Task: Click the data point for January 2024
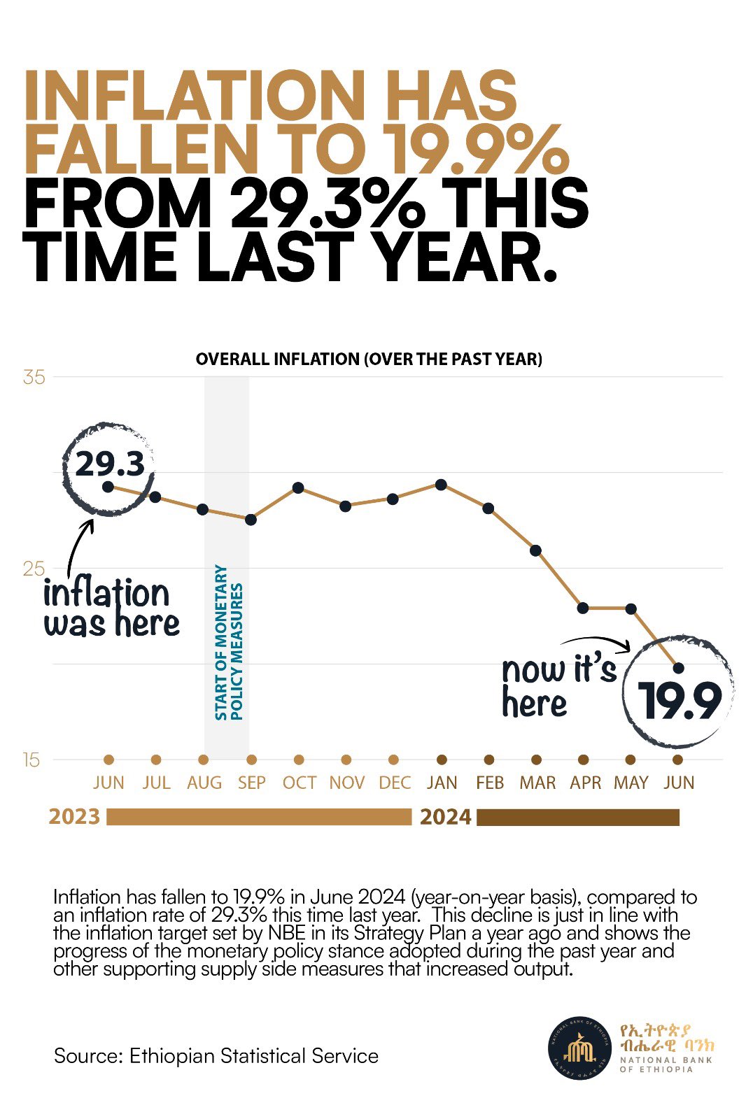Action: point(441,485)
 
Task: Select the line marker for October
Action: point(298,487)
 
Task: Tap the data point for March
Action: point(536,550)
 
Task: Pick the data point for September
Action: point(251,520)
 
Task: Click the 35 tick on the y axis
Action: point(34,378)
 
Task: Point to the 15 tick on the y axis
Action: point(31,760)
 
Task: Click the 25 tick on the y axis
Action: point(33,569)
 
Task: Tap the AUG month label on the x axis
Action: point(204,783)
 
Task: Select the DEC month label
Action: point(394,783)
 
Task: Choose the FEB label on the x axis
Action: point(489,783)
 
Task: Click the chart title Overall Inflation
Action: point(369,359)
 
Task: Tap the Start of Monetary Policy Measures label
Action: point(228,642)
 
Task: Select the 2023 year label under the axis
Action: point(74,817)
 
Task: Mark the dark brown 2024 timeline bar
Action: point(578,818)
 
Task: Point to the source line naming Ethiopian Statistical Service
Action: point(216,1055)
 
